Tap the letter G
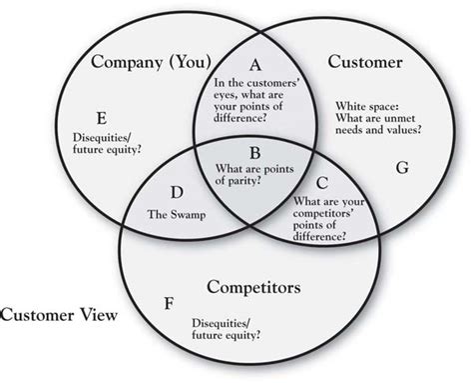pos(402,168)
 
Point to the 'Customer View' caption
pos(57,316)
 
